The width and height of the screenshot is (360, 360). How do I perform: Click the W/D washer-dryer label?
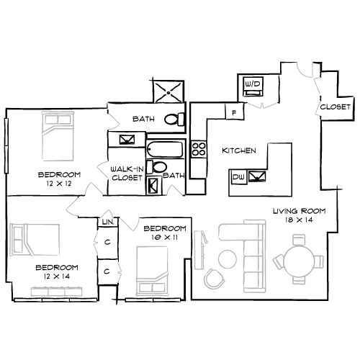point(253,84)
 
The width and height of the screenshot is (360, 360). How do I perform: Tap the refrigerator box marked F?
point(235,111)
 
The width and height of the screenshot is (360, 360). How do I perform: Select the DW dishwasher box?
point(238,177)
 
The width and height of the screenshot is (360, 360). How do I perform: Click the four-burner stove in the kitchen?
point(199,149)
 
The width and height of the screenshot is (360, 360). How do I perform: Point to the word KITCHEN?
point(239,150)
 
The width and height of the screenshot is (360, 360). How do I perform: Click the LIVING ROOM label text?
point(300,211)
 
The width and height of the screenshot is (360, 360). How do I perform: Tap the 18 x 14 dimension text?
point(299,220)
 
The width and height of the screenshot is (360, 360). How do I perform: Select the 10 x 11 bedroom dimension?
point(165,238)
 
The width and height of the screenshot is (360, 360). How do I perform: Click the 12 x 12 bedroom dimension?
point(59,184)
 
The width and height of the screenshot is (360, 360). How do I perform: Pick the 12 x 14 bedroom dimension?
point(57,276)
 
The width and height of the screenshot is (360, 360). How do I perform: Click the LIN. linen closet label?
point(108,222)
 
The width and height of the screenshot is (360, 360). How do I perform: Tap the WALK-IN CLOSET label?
point(127,174)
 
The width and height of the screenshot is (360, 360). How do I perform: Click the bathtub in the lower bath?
point(165,150)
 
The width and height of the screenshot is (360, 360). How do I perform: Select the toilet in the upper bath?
point(174,120)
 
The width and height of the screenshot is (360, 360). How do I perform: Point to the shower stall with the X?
point(168,92)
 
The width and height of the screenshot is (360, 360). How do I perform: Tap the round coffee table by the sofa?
point(228,259)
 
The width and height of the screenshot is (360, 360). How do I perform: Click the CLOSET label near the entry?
point(336,107)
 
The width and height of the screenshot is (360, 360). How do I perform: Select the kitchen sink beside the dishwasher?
point(257,176)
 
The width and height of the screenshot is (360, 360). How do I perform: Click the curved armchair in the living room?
point(214,279)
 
